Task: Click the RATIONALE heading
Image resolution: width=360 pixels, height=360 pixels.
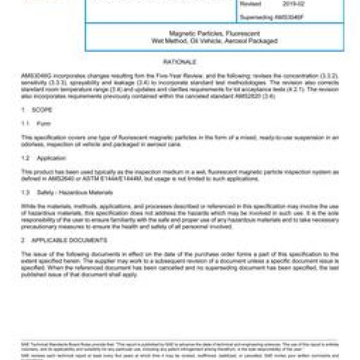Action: click(x=180, y=62)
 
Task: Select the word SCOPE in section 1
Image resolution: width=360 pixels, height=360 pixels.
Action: click(x=42, y=110)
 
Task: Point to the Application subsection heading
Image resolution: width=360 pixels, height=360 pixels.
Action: click(x=51, y=158)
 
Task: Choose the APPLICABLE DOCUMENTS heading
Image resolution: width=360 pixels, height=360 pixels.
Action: click(x=70, y=240)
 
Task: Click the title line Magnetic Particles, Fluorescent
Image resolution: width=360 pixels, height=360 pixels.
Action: click(x=214, y=34)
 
